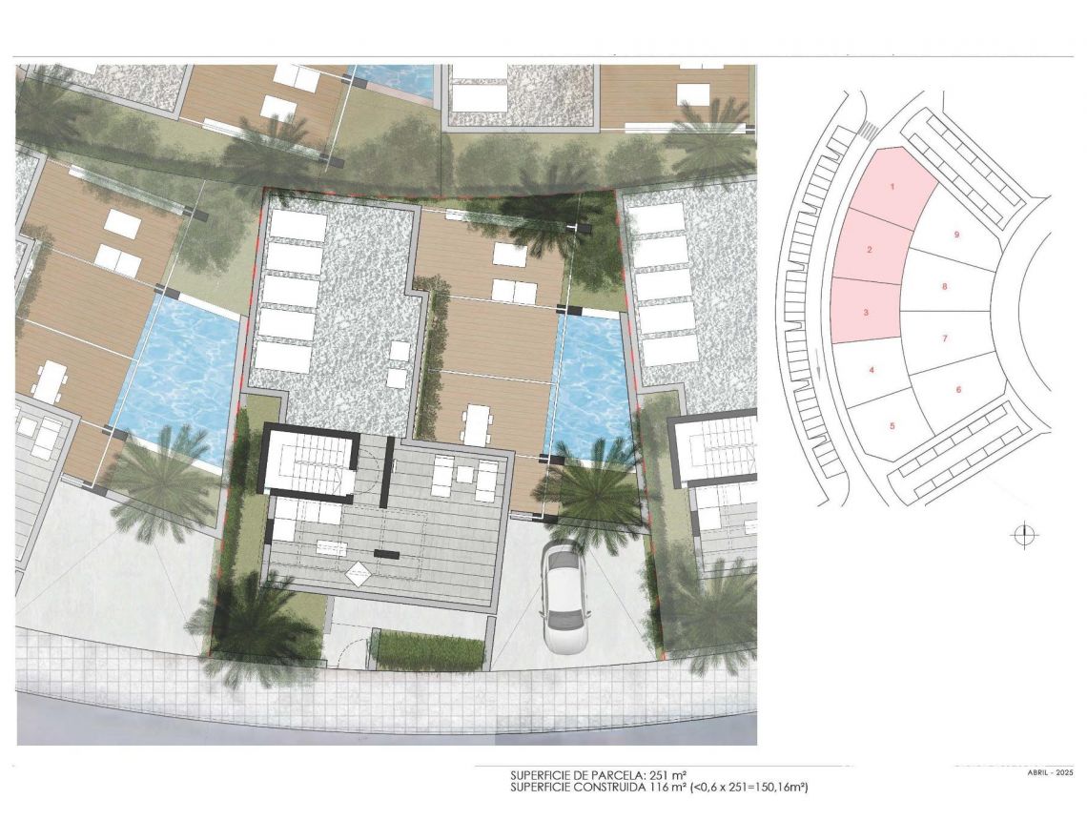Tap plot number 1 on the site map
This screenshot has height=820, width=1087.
click(x=892, y=186)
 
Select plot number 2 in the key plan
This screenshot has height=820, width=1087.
click(x=870, y=250)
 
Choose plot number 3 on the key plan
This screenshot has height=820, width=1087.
click(x=865, y=312)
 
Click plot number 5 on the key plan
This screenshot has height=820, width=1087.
click(x=892, y=425)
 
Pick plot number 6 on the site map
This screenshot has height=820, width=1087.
click(x=958, y=389)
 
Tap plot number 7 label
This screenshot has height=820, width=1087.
click(x=944, y=338)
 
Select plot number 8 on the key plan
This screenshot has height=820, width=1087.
click(x=944, y=286)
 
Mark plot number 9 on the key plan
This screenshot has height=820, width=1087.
click(x=955, y=234)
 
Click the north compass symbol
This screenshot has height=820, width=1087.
click(x=1022, y=535)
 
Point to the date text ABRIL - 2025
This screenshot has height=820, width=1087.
click(x=1050, y=773)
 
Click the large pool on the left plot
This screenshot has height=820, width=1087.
click(x=176, y=381)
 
